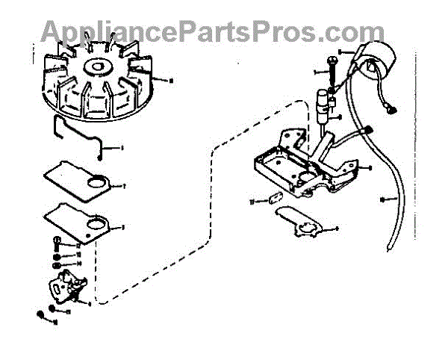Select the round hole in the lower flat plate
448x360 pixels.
(96, 222)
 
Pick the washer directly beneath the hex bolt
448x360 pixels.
(57, 255)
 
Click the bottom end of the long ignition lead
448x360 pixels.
(386, 250)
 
